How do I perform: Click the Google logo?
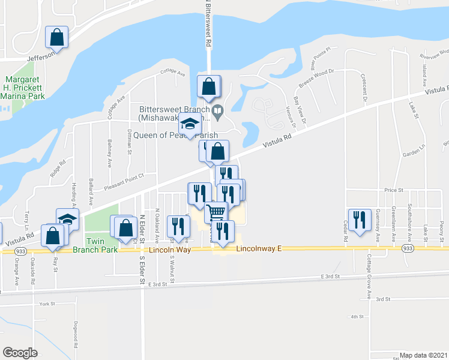click(20, 352)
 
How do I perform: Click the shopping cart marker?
click(216, 211)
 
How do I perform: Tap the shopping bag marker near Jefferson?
click(57, 37)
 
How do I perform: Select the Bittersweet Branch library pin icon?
click(218, 109)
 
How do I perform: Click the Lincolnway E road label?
click(258, 248)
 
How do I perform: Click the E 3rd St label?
click(330, 276)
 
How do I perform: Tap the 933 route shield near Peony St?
click(408, 248)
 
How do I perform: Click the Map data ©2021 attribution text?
click(424, 355)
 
